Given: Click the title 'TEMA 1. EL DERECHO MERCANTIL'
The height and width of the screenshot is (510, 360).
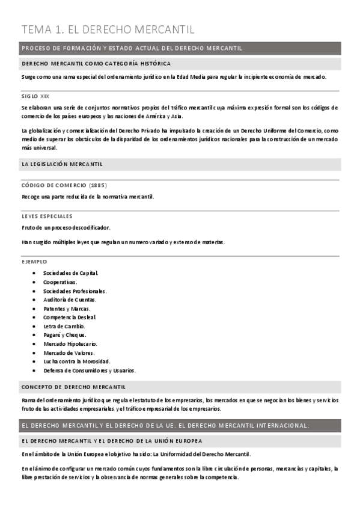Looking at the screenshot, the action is click(x=108, y=29).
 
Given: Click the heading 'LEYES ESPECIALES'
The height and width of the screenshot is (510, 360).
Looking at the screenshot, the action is click(x=47, y=216).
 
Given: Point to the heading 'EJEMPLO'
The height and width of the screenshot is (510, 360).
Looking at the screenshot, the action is click(x=34, y=262).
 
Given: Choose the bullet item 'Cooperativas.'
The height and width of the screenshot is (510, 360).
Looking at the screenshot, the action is click(x=60, y=281).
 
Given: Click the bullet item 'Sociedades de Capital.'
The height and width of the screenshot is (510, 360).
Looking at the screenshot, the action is click(x=71, y=272).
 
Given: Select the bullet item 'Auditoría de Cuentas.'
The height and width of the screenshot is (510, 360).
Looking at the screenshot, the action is click(x=70, y=300).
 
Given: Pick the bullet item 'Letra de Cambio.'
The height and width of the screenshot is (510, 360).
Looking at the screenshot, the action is click(x=64, y=326).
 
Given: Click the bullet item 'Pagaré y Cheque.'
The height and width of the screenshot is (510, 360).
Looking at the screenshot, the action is click(x=65, y=335).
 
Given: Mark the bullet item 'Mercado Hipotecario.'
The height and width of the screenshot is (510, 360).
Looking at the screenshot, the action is click(x=70, y=344).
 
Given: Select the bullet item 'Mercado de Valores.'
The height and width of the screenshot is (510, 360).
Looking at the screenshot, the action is click(x=69, y=353).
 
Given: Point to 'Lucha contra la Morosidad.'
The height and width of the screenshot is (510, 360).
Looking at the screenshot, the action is click(x=76, y=361).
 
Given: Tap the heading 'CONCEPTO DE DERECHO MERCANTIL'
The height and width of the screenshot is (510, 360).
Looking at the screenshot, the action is click(x=73, y=387).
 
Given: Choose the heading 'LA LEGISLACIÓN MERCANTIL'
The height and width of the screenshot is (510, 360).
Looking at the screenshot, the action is click(x=62, y=164).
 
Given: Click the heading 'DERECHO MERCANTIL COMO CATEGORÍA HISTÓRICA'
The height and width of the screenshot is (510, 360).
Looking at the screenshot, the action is click(x=96, y=63).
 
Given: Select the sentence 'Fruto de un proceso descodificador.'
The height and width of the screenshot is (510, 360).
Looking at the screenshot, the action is click(x=66, y=227).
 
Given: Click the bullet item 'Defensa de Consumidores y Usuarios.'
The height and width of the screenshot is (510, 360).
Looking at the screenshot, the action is click(x=89, y=370).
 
